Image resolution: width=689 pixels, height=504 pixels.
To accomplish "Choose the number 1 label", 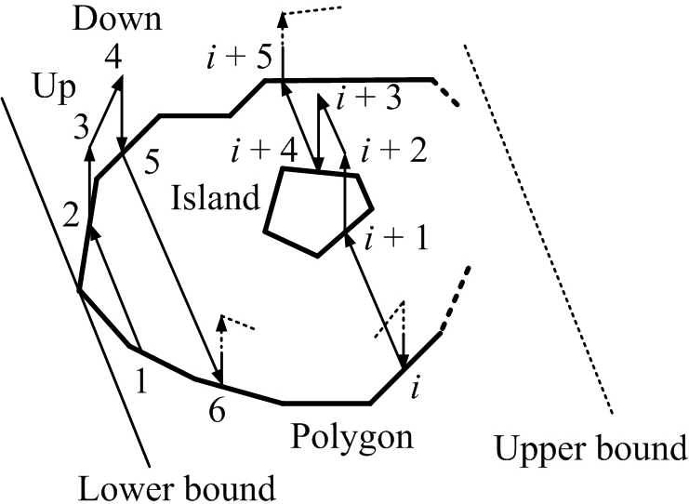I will point(142,380).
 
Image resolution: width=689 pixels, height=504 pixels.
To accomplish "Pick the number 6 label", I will point(217,410).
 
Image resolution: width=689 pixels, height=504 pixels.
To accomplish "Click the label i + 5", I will point(239,60).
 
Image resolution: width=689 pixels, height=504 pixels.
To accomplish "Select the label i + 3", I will point(368,99).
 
